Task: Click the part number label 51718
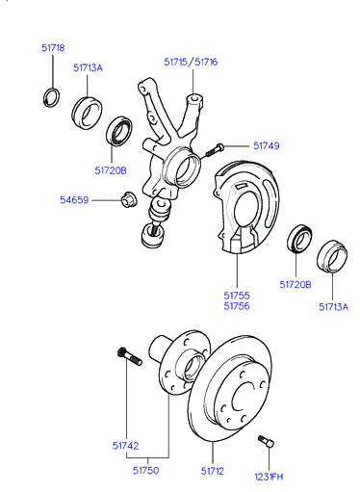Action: click(x=53, y=48)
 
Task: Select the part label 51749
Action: click(x=267, y=145)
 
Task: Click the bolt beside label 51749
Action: click(x=214, y=150)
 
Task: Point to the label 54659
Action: click(x=74, y=200)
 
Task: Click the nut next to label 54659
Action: click(x=129, y=199)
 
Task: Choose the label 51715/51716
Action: click(x=191, y=62)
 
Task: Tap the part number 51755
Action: click(x=237, y=296)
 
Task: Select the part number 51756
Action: click(x=237, y=306)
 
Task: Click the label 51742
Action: click(x=125, y=446)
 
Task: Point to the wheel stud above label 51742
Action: click(x=130, y=356)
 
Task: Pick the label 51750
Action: click(x=146, y=471)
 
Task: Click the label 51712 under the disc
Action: click(x=213, y=471)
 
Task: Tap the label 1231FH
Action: click(x=269, y=477)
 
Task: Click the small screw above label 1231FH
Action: click(x=266, y=441)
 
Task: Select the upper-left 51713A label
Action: click(x=88, y=68)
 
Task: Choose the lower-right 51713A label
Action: click(x=333, y=307)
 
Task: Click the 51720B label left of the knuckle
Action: click(x=111, y=170)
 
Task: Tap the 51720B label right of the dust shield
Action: click(x=296, y=285)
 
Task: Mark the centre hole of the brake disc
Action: click(x=243, y=395)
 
